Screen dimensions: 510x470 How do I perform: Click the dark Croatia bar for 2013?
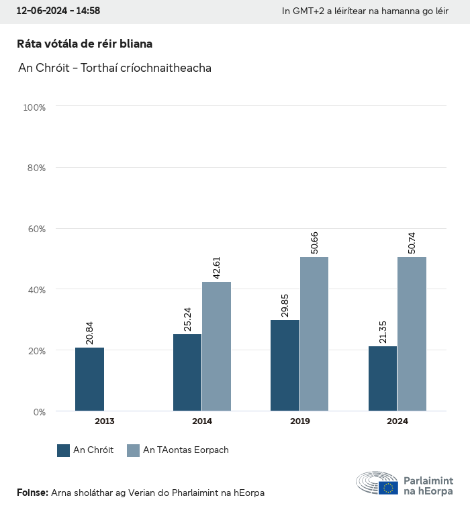click(89, 379)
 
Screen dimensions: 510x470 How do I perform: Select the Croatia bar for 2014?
click(187, 372)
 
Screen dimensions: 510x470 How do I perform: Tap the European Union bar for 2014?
click(216, 346)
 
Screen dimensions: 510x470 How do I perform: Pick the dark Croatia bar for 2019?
click(285, 366)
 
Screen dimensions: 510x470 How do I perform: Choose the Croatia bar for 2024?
click(383, 378)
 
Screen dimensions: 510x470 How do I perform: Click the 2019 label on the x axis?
click(299, 421)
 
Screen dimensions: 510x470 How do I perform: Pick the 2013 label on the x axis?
click(104, 421)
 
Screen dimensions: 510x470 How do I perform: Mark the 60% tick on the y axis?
click(34, 229)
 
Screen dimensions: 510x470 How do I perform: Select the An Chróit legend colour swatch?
click(64, 450)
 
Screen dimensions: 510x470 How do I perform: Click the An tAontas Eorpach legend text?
click(186, 450)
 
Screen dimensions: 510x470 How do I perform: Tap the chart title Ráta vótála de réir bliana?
click(85, 44)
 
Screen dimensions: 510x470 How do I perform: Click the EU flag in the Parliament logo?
click(388, 488)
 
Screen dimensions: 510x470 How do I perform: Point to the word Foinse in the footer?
click(32, 493)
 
